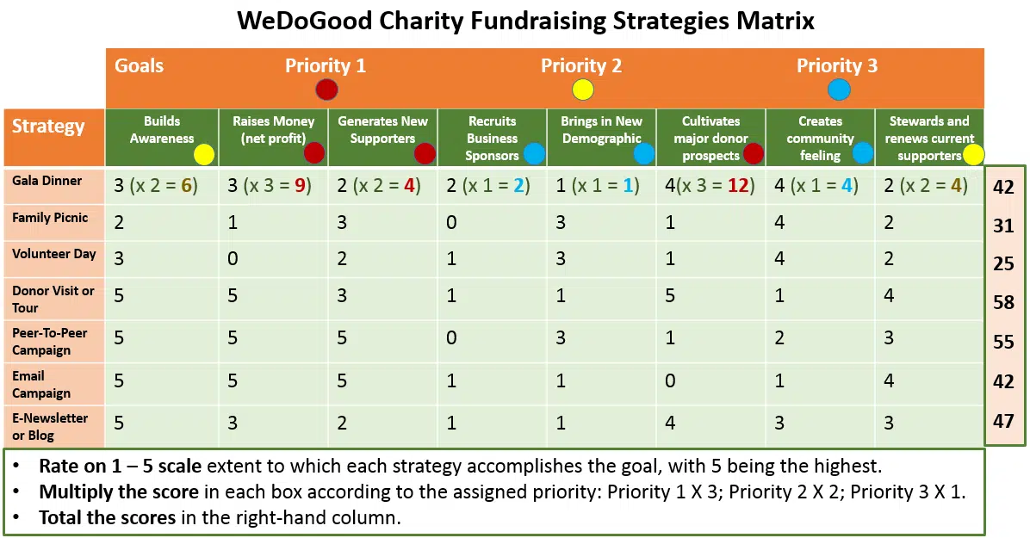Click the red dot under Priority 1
click(x=326, y=89)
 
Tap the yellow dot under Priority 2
click(x=581, y=89)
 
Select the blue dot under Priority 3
click(x=837, y=89)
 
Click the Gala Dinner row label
click(x=47, y=181)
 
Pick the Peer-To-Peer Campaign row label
click(x=49, y=341)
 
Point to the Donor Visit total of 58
click(x=1003, y=302)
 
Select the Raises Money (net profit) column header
click(x=274, y=130)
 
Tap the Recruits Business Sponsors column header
click(x=492, y=138)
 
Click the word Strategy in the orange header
click(x=48, y=127)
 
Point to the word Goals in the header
click(x=139, y=66)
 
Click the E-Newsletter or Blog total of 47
click(x=1003, y=421)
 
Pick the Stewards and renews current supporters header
click(x=928, y=138)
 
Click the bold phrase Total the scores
click(x=94, y=518)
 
